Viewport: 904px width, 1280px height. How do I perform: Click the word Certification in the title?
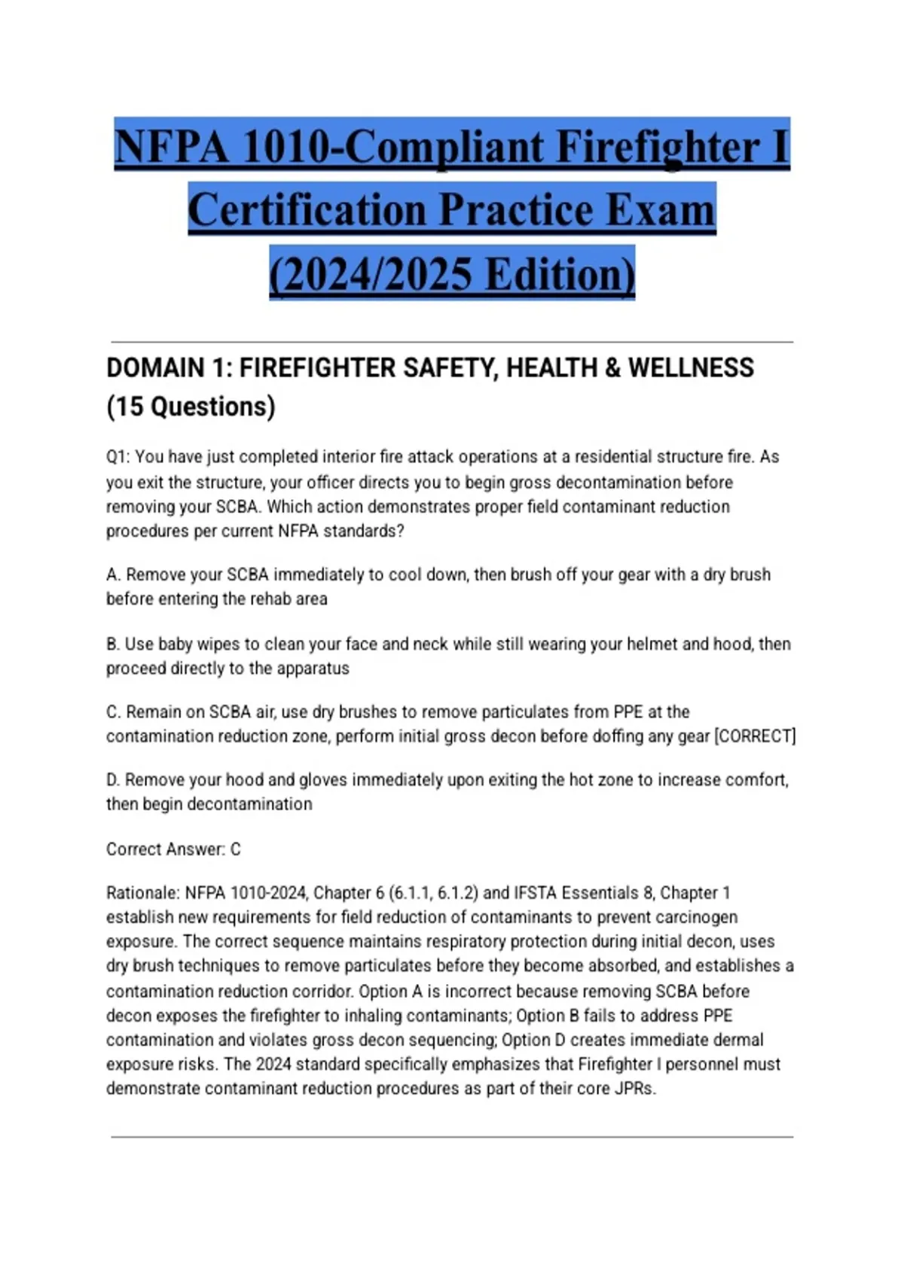tap(307, 210)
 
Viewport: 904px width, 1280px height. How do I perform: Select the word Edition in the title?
tap(560, 274)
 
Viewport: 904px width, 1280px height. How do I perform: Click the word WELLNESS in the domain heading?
tap(691, 368)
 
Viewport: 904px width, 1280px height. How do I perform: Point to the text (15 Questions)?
tap(191, 407)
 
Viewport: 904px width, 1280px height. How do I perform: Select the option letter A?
tap(113, 575)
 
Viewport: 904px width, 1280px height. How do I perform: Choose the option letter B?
tap(113, 645)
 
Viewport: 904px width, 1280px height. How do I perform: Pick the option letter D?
tap(113, 780)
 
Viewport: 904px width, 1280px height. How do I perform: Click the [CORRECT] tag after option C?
tap(754, 736)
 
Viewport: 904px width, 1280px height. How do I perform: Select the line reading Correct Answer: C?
tap(173, 849)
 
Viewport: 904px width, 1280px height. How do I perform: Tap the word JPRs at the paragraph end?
tap(634, 1089)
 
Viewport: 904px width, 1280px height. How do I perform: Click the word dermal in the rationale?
tap(741, 1040)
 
